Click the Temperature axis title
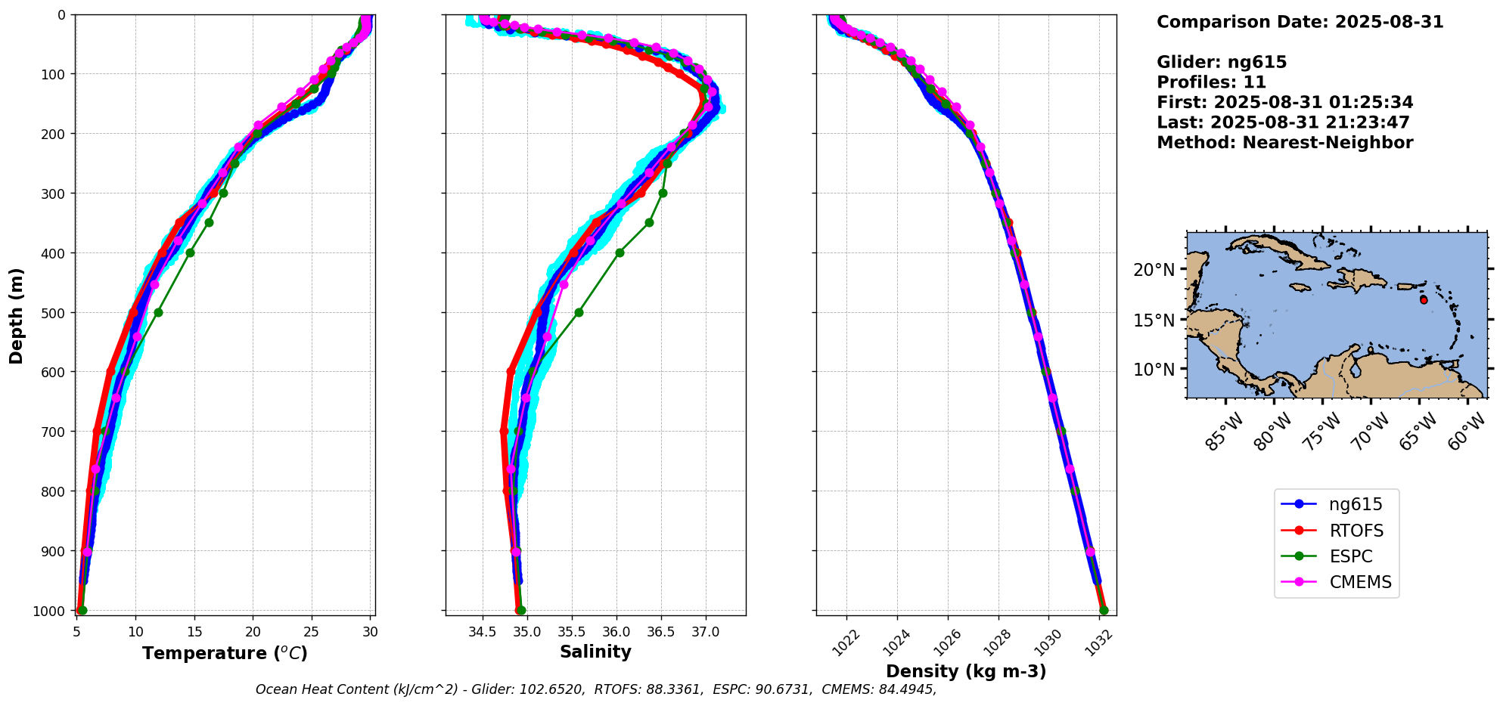click(225, 653)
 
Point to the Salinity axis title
click(595, 652)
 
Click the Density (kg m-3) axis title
click(966, 671)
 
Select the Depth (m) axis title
click(17, 315)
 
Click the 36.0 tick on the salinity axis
click(616, 632)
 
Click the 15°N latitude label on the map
click(1154, 320)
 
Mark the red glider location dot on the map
click(1424, 300)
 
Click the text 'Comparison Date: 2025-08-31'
click(1300, 22)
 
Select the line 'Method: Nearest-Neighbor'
click(1284, 143)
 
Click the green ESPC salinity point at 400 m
click(620, 252)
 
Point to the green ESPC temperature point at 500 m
click(158, 312)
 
